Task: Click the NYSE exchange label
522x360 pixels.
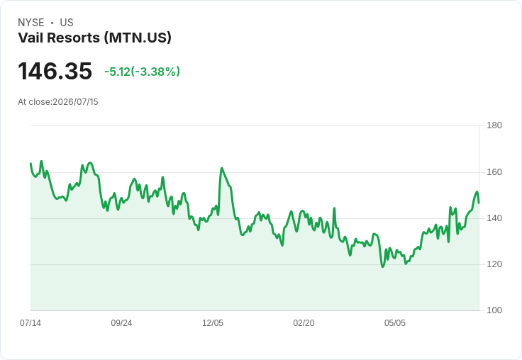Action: coord(31,23)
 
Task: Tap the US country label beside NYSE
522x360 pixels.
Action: coord(67,23)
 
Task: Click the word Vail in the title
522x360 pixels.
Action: coord(30,38)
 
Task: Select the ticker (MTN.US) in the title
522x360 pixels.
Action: coord(138,38)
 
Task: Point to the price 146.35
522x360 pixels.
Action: coord(55,71)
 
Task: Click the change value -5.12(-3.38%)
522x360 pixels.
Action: coord(142,72)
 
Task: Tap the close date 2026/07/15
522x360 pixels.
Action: coord(76,102)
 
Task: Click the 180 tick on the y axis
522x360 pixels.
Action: coord(494,125)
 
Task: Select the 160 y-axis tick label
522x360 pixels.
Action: coord(494,172)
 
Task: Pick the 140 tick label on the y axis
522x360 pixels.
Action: coord(494,218)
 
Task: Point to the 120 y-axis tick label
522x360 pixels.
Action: coord(494,264)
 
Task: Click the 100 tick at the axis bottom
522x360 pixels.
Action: coord(494,310)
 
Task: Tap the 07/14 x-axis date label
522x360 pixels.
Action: coord(30,323)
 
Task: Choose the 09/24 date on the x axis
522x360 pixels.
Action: coord(121,323)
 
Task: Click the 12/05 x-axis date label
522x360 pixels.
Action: coord(213,323)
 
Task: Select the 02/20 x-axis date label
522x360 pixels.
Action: coord(304,323)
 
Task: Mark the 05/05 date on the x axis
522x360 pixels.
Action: coord(395,323)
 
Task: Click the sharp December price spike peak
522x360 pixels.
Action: coord(222,168)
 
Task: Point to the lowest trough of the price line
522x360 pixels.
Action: coord(382,266)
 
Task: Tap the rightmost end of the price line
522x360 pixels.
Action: coord(479,203)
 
